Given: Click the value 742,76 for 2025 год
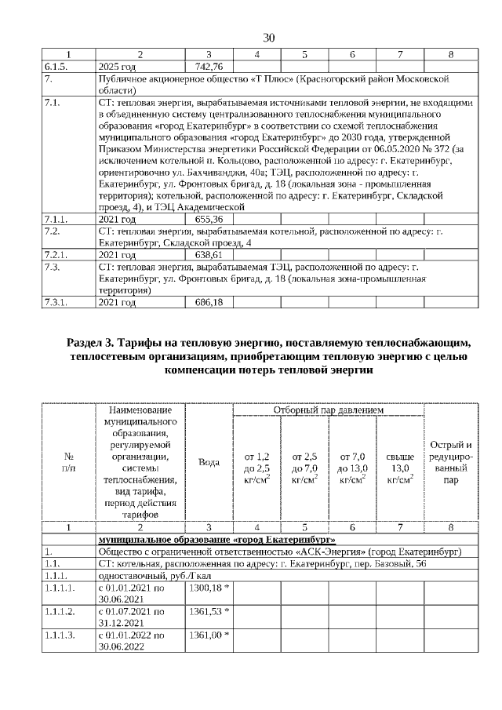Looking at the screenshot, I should pos(208,67).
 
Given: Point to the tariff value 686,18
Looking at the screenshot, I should pos(208,301).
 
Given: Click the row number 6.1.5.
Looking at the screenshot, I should pos(57,67).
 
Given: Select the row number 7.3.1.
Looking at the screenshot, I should pos(57,301).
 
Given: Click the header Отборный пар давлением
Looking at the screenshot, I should pos(328,410).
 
